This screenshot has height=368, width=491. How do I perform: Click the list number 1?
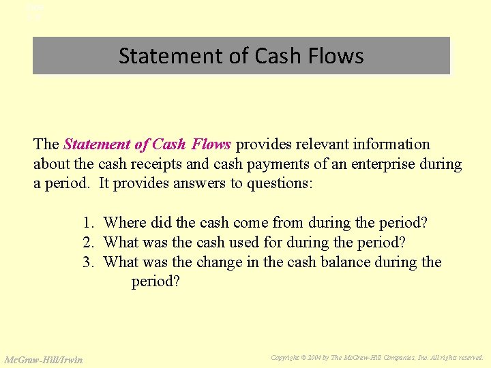point(87,223)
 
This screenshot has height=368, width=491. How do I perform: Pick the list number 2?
point(87,243)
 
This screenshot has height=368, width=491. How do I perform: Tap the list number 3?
point(87,262)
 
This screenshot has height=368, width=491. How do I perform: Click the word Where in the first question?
point(125,223)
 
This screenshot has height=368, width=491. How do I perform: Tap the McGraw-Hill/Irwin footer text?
point(44,360)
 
